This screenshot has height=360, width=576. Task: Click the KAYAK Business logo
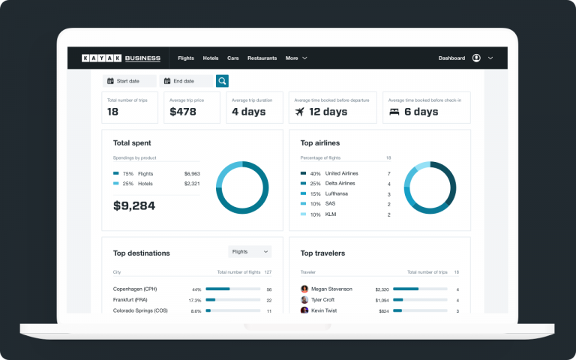(x=121, y=58)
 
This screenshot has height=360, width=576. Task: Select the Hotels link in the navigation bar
(x=211, y=58)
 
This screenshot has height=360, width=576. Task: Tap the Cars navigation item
(x=233, y=58)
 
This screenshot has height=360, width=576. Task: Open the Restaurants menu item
(x=262, y=58)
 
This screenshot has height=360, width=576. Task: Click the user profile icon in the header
(x=476, y=58)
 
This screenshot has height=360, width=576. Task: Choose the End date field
(x=185, y=81)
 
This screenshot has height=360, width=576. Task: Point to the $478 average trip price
(x=183, y=112)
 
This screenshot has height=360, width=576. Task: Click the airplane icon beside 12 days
(x=300, y=112)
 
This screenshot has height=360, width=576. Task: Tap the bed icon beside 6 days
(x=394, y=112)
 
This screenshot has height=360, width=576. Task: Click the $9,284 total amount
(x=134, y=205)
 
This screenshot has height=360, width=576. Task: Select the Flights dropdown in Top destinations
(x=250, y=252)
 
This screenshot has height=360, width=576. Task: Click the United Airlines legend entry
(x=341, y=173)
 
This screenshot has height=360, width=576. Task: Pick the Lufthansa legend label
(x=337, y=193)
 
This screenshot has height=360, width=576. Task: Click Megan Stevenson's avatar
(x=304, y=289)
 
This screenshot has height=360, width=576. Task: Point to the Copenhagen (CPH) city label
(x=135, y=289)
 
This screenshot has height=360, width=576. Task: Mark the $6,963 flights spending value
(x=192, y=173)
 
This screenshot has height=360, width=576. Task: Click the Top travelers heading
(x=322, y=253)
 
